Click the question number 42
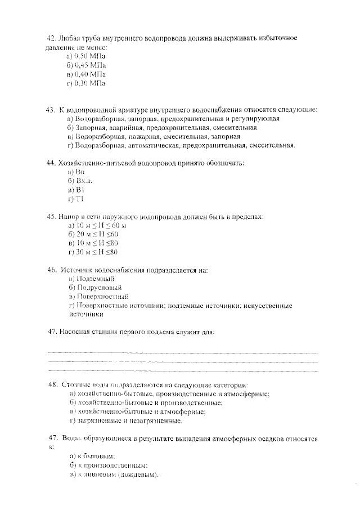(x=51, y=38)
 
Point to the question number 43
(x=51, y=110)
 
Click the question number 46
(x=52, y=270)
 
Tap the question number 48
(x=53, y=384)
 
